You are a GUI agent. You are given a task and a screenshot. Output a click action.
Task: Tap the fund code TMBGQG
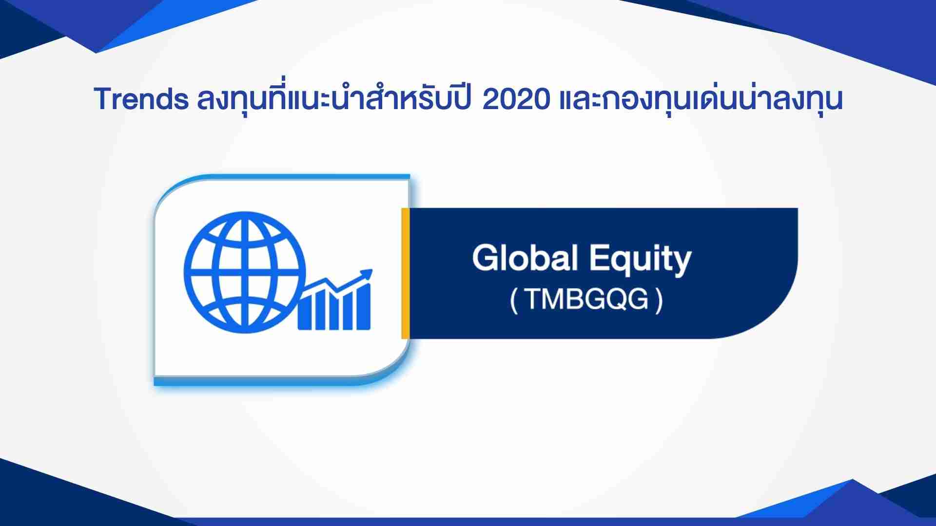point(586,300)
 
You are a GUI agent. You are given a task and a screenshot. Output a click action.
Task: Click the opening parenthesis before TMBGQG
point(513,301)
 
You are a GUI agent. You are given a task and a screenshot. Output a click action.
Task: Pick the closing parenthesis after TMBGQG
point(660,301)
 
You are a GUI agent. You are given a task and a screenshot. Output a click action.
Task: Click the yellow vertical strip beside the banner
point(405,273)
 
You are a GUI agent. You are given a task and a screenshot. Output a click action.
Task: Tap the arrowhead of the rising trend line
point(366,275)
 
